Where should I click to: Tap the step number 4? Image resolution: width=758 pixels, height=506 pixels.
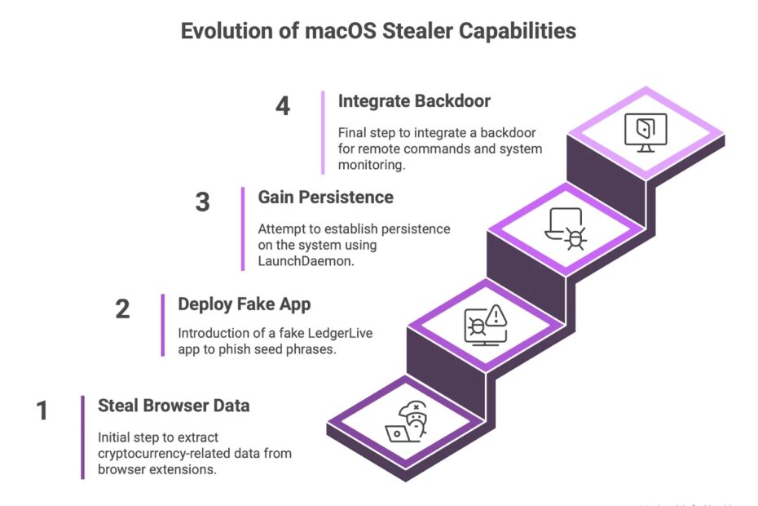point(282,106)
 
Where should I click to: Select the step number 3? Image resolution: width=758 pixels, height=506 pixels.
point(203,202)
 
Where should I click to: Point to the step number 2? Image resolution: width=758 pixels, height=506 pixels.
point(122,309)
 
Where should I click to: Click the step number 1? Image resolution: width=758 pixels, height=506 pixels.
point(42,411)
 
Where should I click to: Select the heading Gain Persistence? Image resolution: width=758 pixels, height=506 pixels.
point(325,198)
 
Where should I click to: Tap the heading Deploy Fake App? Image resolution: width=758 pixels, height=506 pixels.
point(245,304)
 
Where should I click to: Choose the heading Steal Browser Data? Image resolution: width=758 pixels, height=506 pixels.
point(174,406)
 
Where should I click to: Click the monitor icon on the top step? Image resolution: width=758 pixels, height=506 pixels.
point(646,131)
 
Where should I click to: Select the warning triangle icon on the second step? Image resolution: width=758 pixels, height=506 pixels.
point(495,315)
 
